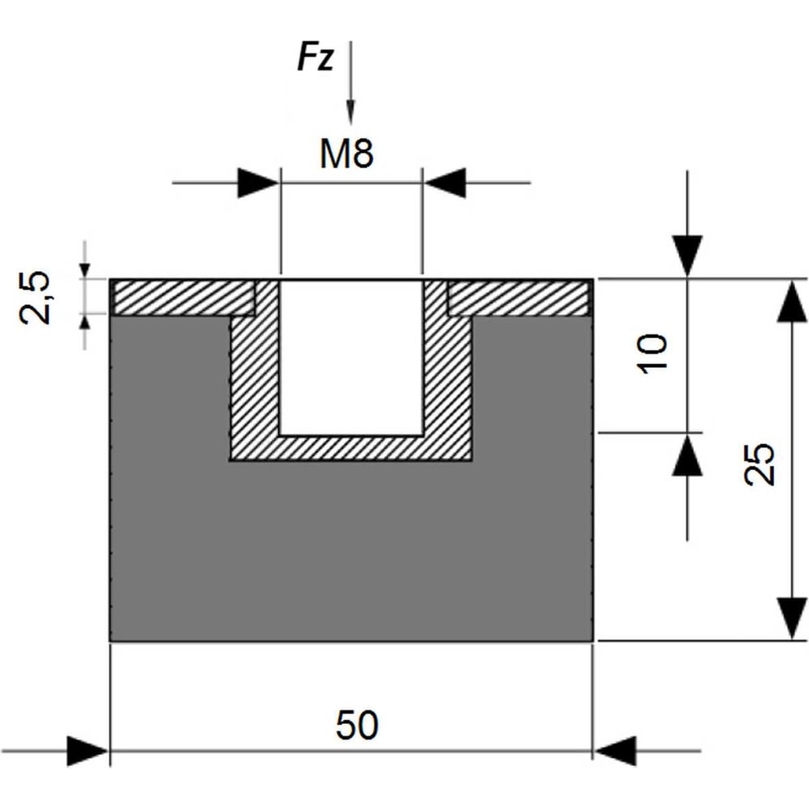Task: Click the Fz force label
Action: [316, 57]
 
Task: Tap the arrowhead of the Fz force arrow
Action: [351, 111]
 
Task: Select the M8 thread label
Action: [346, 154]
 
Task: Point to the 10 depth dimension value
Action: [651, 354]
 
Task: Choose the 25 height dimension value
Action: [760, 463]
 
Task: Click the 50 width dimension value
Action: [357, 725]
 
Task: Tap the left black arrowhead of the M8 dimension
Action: [259, 183]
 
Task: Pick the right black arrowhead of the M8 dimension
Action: [444, 183]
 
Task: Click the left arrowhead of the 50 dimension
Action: [88, 752]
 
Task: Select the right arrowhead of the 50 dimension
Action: [615, 752]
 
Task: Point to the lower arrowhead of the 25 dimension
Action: [792, 619]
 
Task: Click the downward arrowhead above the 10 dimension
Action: [687, 256]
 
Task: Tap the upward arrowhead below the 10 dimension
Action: [687, 454]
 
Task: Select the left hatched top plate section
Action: [184, 298]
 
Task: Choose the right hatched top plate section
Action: [519, 298]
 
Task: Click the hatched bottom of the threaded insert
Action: [351, 448]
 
